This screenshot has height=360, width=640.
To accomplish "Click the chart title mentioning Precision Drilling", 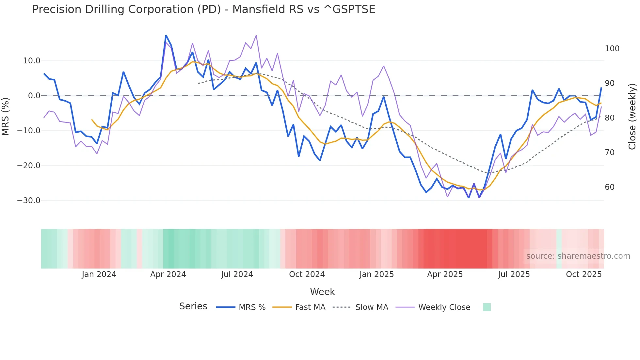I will coord(203,9).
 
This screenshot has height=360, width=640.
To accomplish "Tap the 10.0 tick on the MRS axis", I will coord(32,61).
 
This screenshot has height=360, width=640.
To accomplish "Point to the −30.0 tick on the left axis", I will coord(29,201).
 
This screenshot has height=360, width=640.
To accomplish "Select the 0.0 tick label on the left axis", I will coord(34,96).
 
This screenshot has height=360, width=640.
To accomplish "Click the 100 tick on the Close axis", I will coord(612,49).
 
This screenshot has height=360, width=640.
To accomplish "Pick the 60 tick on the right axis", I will coord(610,187).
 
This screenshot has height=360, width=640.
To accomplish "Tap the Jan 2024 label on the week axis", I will coord(99,274).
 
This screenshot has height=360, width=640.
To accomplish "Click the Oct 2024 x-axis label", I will coord(307,274).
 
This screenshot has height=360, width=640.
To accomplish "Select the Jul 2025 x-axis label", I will coord(514,274).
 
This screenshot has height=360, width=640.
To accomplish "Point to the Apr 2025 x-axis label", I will coord(445,274).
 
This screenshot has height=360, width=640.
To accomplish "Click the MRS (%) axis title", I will coord(6,117).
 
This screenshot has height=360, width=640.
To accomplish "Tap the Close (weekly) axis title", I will coord(632,117).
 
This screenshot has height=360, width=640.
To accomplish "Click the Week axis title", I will coord(322,292).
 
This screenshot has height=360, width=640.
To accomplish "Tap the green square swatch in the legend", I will coord(487,307).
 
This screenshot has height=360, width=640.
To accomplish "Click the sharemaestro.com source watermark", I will coord(578,256).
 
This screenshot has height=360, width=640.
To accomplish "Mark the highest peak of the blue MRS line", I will coord(166,35).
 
